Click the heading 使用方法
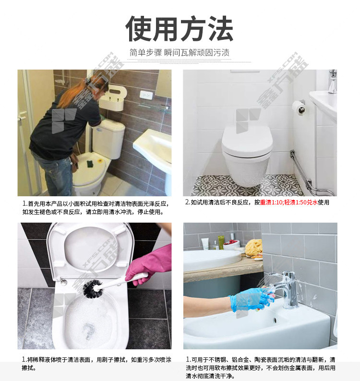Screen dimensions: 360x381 (180, 29)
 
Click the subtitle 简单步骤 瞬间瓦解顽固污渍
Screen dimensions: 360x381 (180, 52)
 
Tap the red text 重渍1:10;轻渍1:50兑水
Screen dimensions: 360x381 (289, 202)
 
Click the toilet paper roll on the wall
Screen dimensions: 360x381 (298, 107)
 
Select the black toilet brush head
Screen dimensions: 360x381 (93, 288)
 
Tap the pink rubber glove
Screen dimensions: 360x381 (149, 265)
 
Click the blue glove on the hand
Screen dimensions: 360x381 (251, 299)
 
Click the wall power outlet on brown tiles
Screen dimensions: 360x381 (146, 95)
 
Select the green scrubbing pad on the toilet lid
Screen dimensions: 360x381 (90, 163)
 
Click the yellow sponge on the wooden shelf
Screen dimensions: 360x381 (253, 247)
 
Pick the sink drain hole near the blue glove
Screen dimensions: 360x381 (276, 320)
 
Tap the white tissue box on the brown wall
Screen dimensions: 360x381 (112, 98)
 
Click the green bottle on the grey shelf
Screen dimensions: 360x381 (221, 242)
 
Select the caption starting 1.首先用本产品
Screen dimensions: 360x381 (96, 208)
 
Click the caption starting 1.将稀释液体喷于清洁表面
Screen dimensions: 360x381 (96, 364)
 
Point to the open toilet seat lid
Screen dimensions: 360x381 (90, 250)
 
